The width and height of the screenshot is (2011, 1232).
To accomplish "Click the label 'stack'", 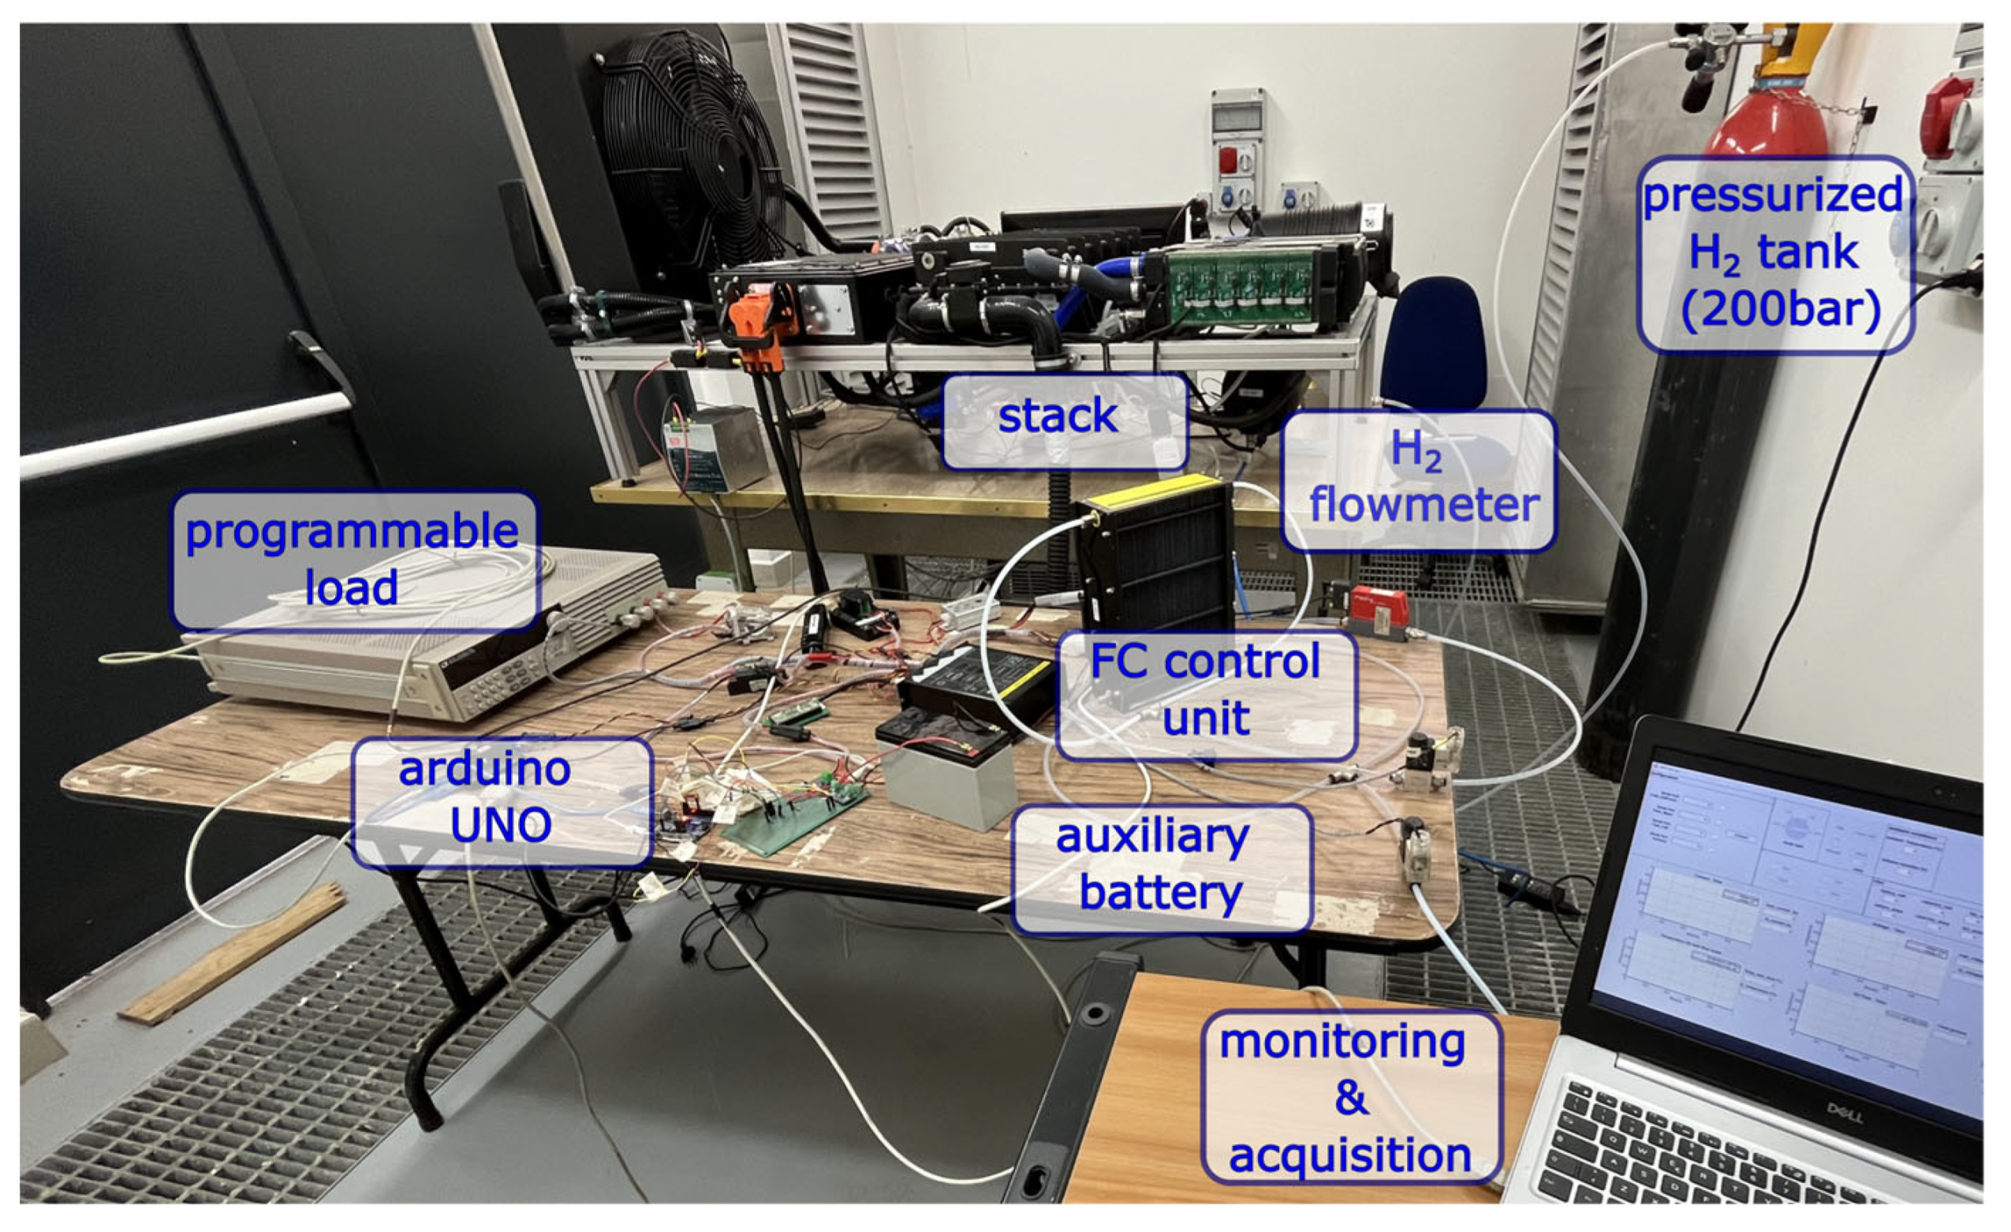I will [x=1063, y=421].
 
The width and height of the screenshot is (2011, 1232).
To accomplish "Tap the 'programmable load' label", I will [x=354, y=560].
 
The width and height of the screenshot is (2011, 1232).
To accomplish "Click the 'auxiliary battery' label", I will [x=1161, y=868].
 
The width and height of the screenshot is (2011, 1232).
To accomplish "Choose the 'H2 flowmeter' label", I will [x=1419, y=480].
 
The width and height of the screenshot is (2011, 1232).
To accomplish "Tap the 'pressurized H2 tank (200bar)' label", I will [x=1775, y=255].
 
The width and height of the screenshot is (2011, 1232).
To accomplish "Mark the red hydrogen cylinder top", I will [x=1763, y=114].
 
